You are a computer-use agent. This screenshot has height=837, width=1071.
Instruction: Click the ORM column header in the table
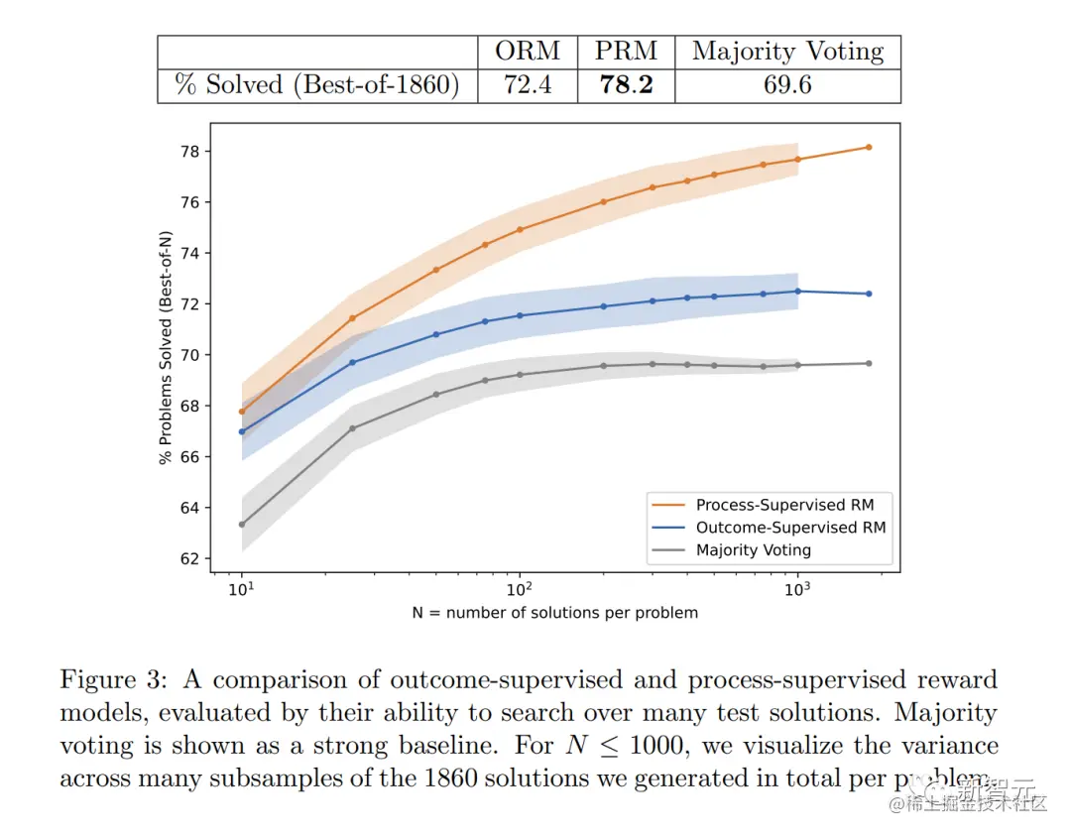[528, 52]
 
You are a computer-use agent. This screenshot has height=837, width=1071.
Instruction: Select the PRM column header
[626, 52]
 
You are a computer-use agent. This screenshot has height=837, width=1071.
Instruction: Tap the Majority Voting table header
[787, 52]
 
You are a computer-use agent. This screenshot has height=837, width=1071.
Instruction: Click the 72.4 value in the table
[528, 85]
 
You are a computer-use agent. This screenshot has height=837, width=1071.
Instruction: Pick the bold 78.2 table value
[626, 85]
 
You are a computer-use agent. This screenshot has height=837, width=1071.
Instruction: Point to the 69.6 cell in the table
[787, 85]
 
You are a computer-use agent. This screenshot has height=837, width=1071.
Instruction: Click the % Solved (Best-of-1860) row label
[317, 85]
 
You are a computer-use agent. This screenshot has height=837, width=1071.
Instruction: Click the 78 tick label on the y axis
[188, 152]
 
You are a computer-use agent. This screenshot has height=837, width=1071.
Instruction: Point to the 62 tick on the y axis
[188, 558]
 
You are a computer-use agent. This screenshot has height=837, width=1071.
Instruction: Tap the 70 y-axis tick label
[188, 355]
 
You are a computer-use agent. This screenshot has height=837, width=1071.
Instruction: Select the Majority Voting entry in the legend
[753, 549]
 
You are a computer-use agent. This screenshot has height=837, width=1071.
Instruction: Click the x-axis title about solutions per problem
[554, 613]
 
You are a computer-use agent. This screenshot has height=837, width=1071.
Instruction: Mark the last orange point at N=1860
[869, 147]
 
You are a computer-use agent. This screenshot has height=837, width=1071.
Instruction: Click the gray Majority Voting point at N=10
[242, 524]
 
